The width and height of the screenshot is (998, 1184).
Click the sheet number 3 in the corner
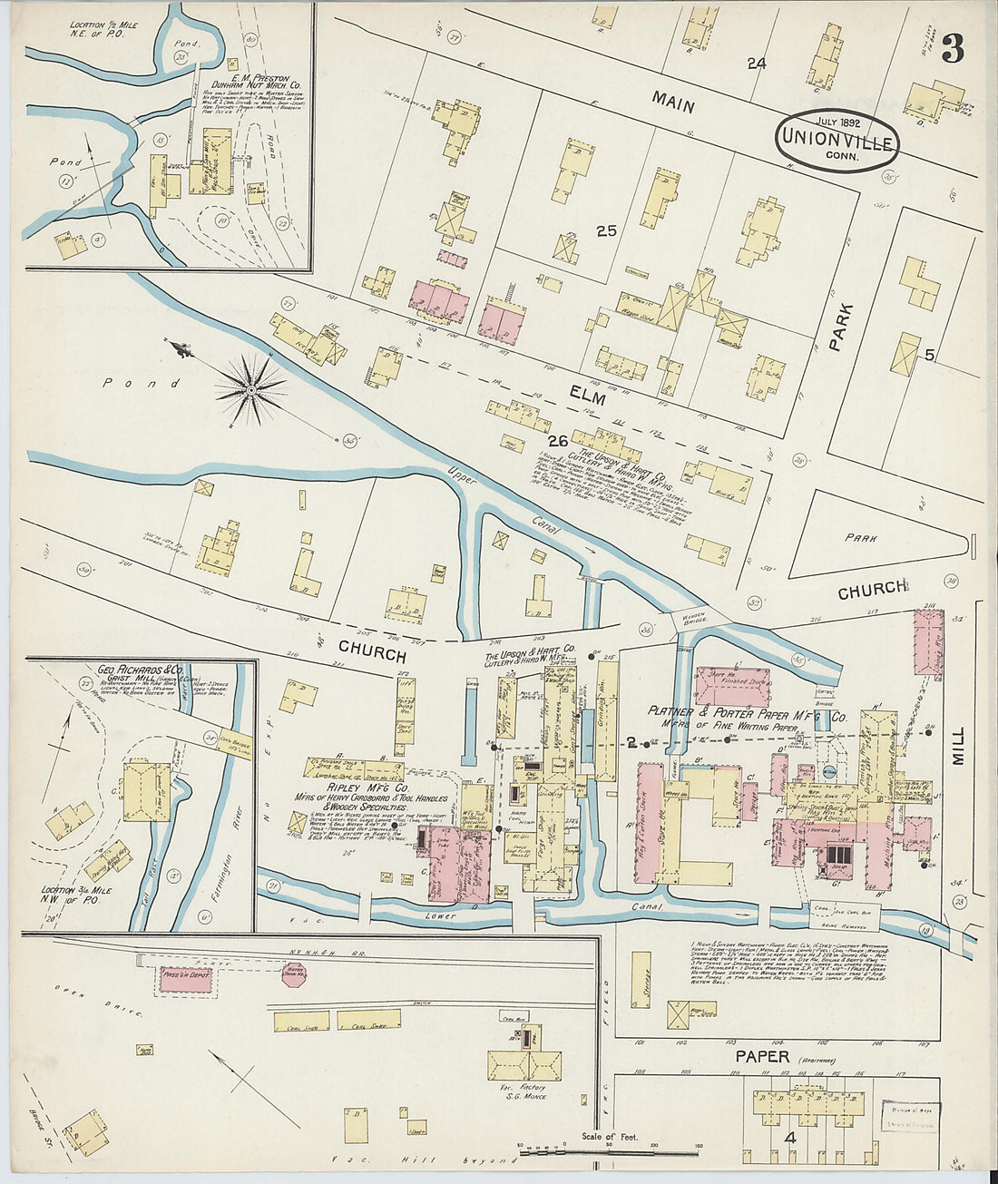952,48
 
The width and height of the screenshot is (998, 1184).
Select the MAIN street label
673,104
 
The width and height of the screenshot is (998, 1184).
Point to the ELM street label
587,396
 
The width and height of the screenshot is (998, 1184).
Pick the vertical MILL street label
959,746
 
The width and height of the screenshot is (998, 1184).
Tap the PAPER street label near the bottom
763,1056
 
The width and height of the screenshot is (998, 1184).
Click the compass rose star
249,390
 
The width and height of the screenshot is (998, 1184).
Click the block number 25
606,231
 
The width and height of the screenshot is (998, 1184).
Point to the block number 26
557,442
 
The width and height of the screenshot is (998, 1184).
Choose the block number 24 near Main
757,64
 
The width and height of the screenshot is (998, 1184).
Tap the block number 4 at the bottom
790,1138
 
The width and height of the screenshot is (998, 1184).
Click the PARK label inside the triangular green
861,538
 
